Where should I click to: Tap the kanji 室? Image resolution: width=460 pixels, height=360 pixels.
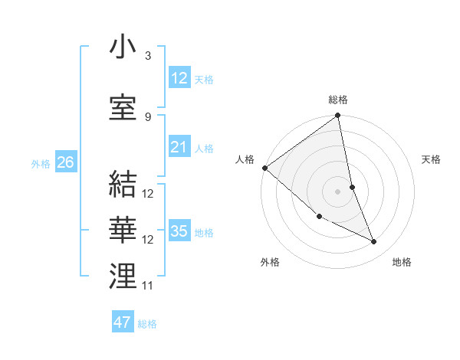tap(123, 107)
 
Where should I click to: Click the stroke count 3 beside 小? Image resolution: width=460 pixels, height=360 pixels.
tap(147, 56)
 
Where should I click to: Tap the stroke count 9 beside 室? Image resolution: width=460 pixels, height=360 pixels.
tap(147, 116)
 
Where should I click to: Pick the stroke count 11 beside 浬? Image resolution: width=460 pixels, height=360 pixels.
tap(148, 286)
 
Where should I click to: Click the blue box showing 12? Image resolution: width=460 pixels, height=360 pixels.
tap(179, 78)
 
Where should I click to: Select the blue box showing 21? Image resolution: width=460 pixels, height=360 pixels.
tap(179, 147)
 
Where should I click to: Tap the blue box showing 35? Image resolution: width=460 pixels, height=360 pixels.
tap(179, 231)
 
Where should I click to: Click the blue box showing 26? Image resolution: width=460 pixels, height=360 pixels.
tap(65, 162)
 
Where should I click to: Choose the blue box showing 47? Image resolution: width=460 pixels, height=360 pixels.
tap(122, 322)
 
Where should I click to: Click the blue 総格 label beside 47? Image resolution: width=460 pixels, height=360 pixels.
tap(147, 324)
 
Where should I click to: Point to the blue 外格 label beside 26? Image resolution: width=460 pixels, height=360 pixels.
tap(41, 163)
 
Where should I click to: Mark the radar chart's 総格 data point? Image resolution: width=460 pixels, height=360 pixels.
tap(337, 116)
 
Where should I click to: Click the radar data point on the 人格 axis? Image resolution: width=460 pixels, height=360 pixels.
tap(264, 168)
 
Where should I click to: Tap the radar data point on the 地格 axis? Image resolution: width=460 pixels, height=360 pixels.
tap(373, 241)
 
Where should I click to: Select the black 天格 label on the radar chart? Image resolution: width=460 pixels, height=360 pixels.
tap(432, 159)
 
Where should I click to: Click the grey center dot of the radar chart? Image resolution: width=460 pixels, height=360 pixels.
tap(337, 191)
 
